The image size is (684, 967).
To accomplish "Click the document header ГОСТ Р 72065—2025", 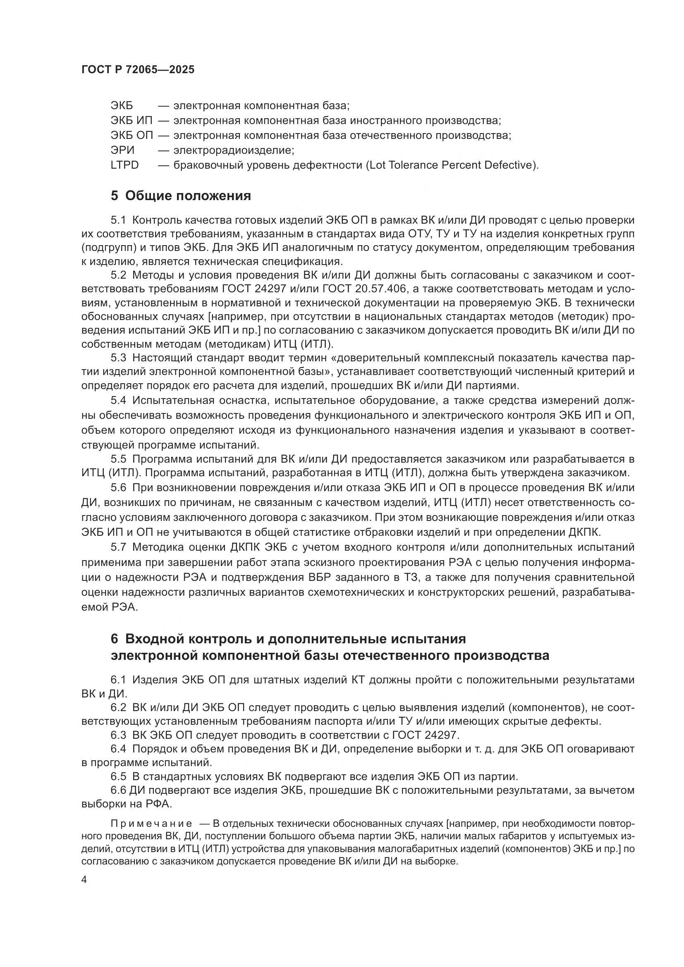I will [138, 69].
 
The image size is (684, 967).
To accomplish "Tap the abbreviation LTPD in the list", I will [124, 165].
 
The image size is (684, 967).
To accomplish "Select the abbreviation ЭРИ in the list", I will [122, 150].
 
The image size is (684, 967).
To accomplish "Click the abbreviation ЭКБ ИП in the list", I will [132, 121].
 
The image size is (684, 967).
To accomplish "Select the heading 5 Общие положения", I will [181, 196].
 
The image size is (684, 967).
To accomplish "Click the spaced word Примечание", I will [151, 824].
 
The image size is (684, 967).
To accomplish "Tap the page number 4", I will [84, 880].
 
